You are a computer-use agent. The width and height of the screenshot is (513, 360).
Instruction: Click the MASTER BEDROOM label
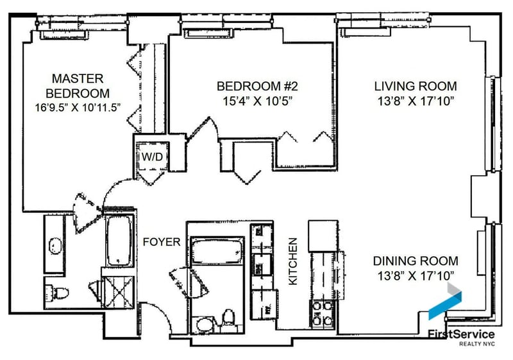click(x=78, y=85)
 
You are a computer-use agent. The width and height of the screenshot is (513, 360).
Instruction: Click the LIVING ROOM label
click(x=416, y=86)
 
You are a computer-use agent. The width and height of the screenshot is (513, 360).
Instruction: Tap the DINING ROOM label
click(x=416, y=261)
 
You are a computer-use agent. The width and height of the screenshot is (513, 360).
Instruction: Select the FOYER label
click(x=157, y=243)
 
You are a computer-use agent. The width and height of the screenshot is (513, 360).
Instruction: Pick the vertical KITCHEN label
click(x=292, y=261)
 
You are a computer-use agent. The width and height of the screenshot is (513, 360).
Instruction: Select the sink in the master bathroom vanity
click(x=55, y=245)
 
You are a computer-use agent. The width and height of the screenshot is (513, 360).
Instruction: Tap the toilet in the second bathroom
click(x=228, y=318)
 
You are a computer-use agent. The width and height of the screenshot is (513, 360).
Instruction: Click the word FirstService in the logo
click(x=461, y=334)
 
